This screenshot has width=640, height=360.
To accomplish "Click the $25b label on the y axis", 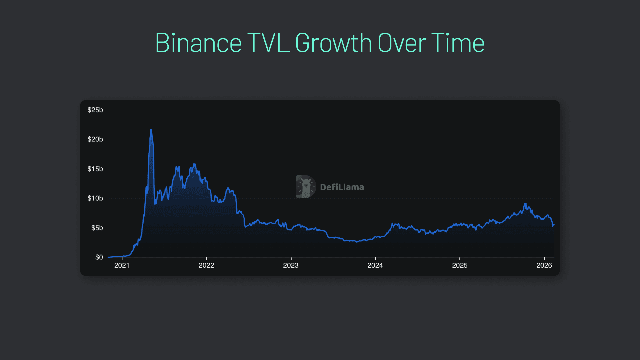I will [x=95, y=110].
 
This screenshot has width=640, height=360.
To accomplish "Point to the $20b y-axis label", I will [x=95, y=139].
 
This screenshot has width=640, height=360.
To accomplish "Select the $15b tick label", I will [x=95, y=169].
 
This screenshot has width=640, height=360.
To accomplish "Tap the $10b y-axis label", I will [x=95, y=198].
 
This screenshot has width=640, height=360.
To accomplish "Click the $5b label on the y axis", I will [x=97, y=228].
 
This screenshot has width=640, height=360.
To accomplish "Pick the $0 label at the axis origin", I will [x=99, y=257].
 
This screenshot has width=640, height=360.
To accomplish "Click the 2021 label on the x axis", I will [x=122, y=265].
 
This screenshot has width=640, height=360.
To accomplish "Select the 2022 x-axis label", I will [x=206, y=265].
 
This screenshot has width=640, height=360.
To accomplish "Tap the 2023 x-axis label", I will [x=291, y=265].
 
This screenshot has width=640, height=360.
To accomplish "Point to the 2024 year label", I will [x=375, y=265].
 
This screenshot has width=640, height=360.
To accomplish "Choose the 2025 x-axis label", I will [x=460, y=265].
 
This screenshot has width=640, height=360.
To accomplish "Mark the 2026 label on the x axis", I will [x=544, y=265].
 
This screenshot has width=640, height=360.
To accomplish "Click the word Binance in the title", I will [x=198, y=43].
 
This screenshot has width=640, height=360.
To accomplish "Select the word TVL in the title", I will [x=268, y=43].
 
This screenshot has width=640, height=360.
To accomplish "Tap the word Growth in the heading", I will [x=333, y=43].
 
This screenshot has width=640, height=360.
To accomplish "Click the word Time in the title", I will [x=458, y=43].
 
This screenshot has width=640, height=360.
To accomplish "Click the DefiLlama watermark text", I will [x=342, y=187].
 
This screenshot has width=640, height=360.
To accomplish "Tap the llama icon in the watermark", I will [x=306, y=187].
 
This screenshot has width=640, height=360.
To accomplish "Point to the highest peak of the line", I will [x=151, y=129].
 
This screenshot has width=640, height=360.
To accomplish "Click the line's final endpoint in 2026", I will [x=554, y=225].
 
